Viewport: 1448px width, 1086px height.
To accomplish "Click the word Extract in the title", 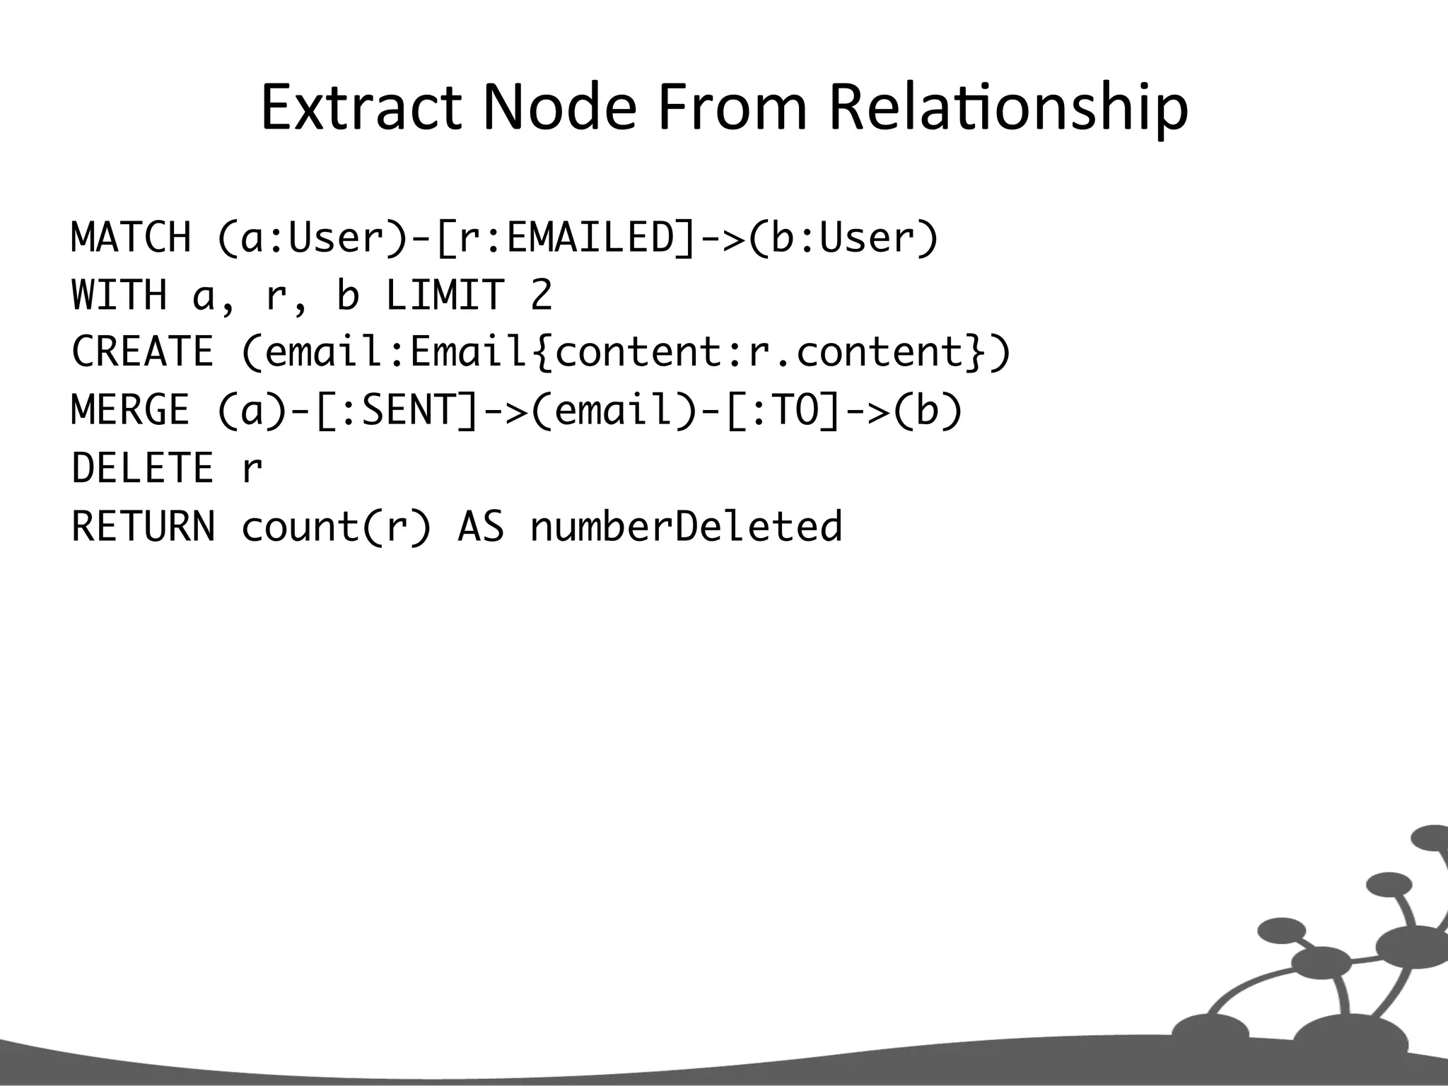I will point(361,107).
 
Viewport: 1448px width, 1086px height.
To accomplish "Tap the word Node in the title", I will point(559,107).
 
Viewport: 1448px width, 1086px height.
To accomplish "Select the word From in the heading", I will point(732,107).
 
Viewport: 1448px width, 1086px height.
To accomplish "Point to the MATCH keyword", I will point(132,238).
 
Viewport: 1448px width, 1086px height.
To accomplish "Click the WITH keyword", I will point(119,296).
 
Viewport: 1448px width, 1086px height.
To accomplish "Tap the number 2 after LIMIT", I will point(542,296).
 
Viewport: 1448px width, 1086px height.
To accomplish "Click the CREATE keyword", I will point(143,353).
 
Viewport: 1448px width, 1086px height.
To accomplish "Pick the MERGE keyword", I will point(132,411).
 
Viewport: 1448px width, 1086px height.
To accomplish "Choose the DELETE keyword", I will point(143,469).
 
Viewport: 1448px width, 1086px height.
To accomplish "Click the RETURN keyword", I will point(144,527).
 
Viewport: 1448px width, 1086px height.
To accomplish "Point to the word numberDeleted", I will point(686,527).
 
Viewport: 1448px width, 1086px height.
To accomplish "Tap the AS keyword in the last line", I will point(481,527).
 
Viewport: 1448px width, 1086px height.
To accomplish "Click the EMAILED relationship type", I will point(591,238).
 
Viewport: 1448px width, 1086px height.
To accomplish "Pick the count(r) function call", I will point(336,527).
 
